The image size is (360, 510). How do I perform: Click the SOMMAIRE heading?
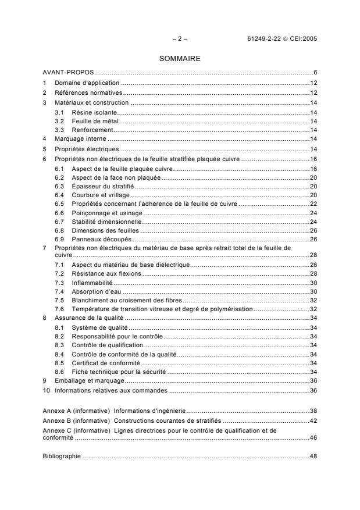(179, 59)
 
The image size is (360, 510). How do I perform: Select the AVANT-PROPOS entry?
(69, 73)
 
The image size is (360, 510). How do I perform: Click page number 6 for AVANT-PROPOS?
(314, 73)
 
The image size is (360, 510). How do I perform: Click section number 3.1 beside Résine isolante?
(59, 111)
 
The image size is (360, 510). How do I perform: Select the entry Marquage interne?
(81, 140)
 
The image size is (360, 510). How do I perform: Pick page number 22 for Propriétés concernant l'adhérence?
(313, 205)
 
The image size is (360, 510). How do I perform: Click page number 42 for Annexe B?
(313, 420)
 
